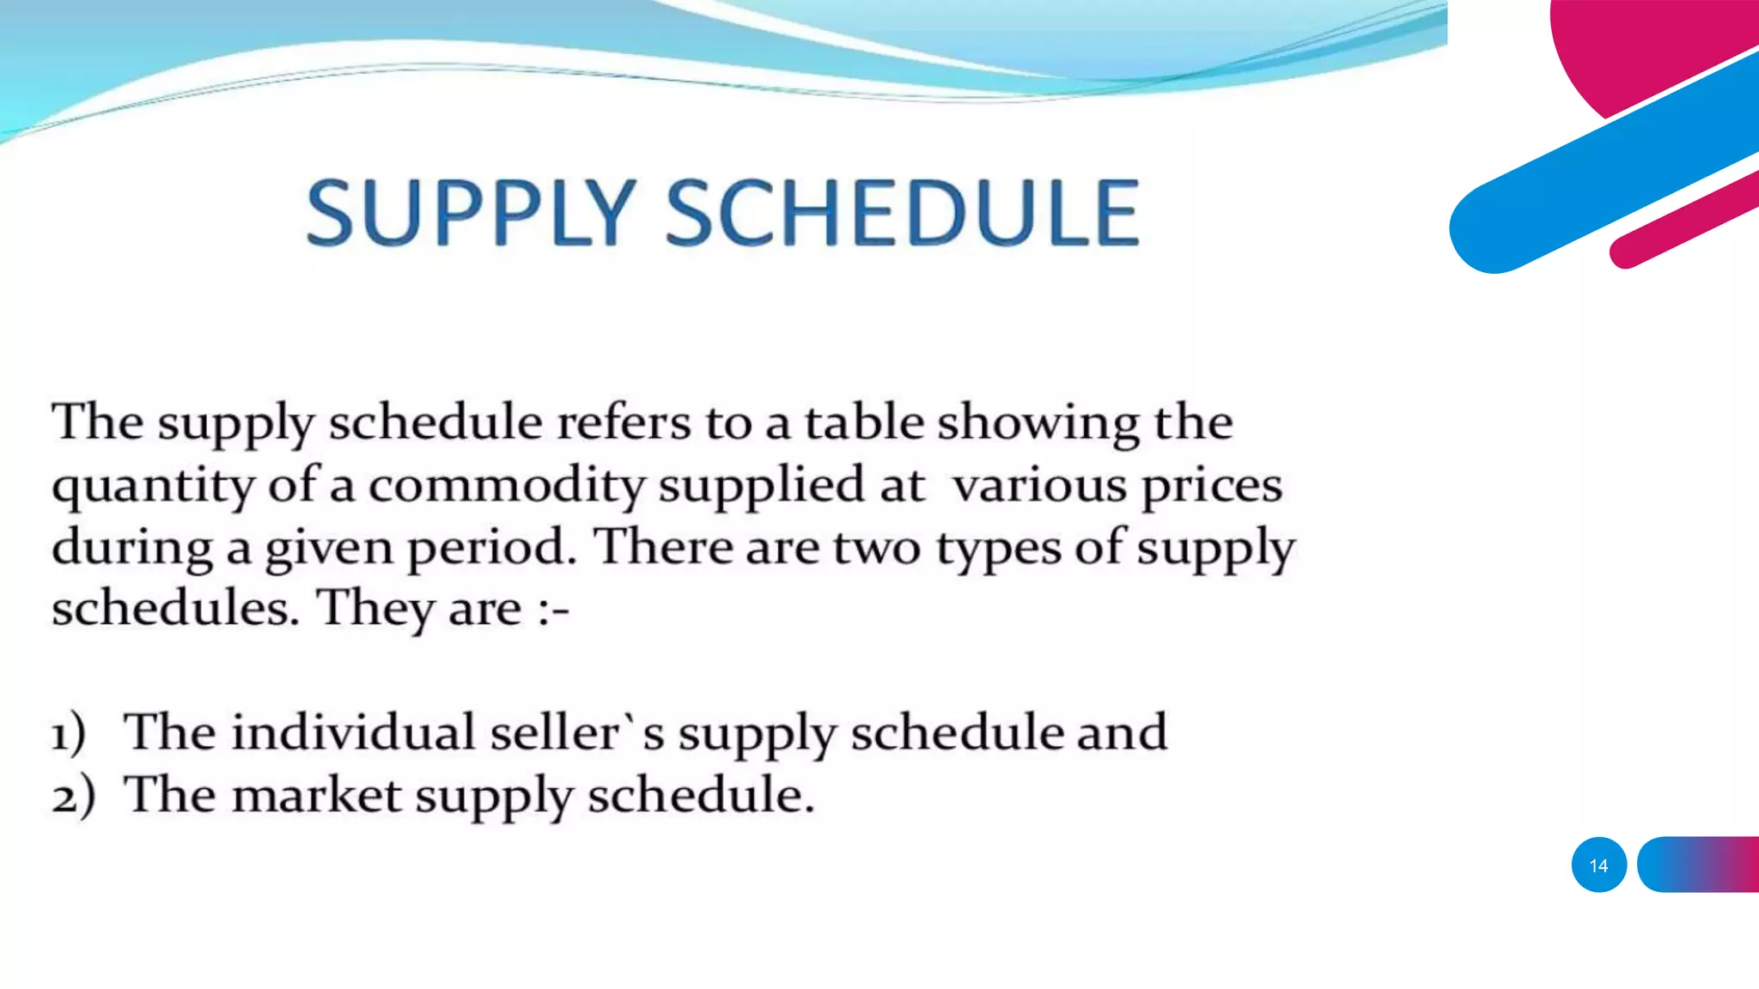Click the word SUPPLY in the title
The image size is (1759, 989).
click(471, 212)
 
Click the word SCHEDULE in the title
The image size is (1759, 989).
click(903, 212)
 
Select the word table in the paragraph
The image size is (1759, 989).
click(863, 422)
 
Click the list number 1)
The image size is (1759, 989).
click(69, 734)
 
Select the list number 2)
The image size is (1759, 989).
click(72, 796)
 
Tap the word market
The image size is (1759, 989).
click(317, 795)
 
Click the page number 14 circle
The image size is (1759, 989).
click(1598, 865)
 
